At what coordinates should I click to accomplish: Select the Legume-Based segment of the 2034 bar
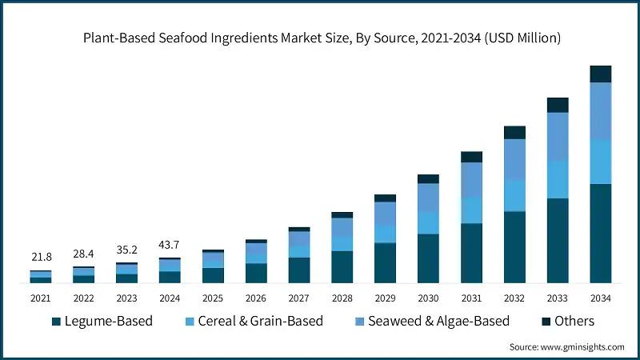tap(600, 233)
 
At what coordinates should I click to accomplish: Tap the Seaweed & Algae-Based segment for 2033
tap(558, 136)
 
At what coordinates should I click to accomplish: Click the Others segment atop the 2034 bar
tap(600, 74)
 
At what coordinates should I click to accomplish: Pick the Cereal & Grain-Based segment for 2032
tap(514, 195)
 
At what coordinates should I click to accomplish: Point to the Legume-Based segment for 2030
tap(429, 258)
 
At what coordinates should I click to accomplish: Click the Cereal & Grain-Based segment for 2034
tap(600, 162)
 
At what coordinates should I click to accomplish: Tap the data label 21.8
tap(41, 257)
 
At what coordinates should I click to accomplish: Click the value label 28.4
tap(84, 254)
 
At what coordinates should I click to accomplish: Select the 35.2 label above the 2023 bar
tap(126, 249)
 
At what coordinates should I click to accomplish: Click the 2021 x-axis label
tap(41, 298)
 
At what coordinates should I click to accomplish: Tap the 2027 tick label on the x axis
tap(299, 298)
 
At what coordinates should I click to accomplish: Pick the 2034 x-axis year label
tap(600, 298)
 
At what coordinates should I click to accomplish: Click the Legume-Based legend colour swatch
tap(56, 322)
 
